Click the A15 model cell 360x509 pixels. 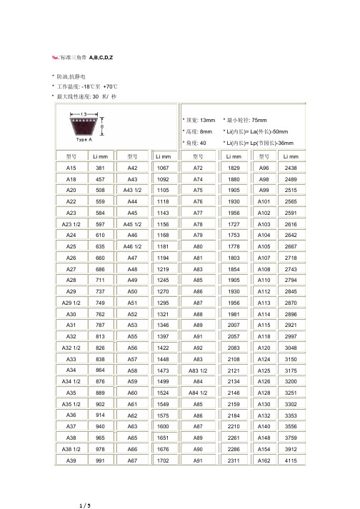click(x=71, y=166)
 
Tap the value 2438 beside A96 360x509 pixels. click(x=290, y=166)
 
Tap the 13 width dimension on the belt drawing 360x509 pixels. click(x=84, y=114)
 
